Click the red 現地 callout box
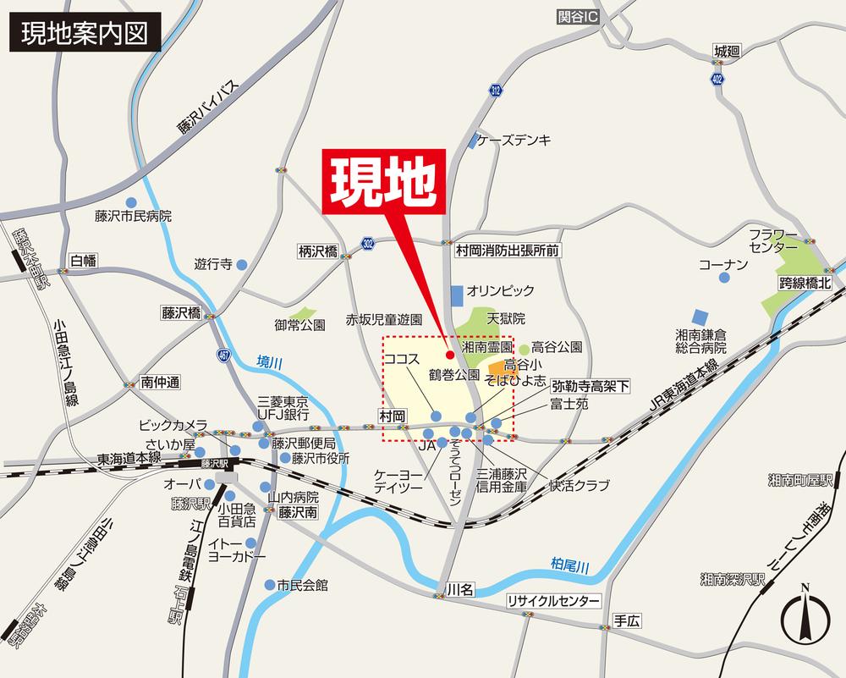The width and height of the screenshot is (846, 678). tap(384, 180)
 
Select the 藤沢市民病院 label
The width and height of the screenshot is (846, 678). tap(134, 216)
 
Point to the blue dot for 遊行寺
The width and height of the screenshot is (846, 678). tap(241, 264)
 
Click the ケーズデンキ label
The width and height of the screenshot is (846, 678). tap(514, 140)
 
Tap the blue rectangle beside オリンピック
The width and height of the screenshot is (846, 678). tap(457, 295)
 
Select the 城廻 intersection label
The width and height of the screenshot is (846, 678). tap(726, 52)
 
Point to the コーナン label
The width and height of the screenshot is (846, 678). tap(723, 265)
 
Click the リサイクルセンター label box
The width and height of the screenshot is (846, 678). tap(553, 602)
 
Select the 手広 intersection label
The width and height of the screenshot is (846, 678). tap(628, 620)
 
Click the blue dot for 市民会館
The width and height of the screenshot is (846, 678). tap(268, 585)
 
